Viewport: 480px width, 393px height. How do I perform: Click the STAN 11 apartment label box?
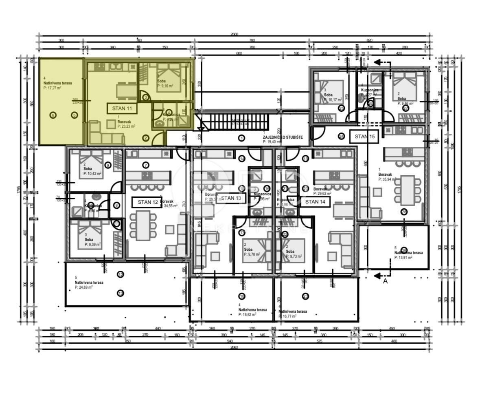click(122, 108)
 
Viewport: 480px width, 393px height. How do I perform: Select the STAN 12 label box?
click(147, 202)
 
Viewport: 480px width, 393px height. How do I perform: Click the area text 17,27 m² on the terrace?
click(53, 88)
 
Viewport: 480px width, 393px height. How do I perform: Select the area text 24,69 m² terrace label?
click(83, 287)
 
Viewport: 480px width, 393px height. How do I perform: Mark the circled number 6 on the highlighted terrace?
click(53, 115)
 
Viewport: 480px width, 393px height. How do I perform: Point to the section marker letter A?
click(385, 280)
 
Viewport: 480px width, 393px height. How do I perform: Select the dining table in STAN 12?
click(143, 225)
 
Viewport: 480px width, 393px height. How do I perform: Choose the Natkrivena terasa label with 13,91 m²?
click(408, 253)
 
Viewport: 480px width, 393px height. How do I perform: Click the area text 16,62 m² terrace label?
click(247, 314)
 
